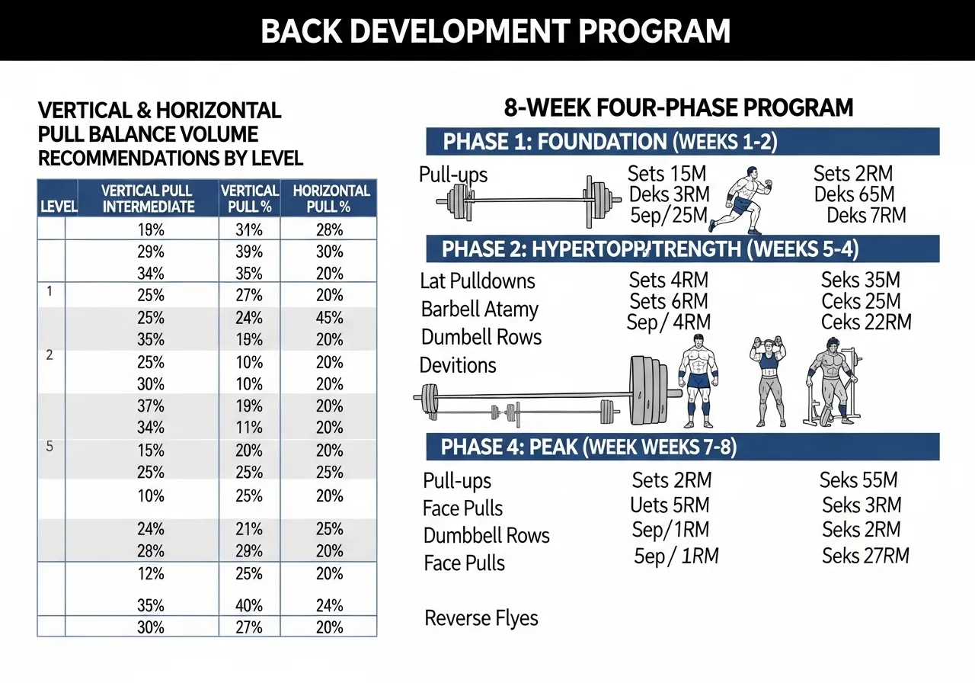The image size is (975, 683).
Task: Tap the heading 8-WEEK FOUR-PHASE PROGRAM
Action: pyautogui.click(x=679, y=107)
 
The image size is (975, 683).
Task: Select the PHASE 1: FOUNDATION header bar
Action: pyautogui.click(x=682, y=142)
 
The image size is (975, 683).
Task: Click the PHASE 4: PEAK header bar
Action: pyautogui.click(x=682, y=447)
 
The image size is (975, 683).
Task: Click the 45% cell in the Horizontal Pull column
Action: pyautogui.click(x=329, y=318)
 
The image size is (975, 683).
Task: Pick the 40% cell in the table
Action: pyautogui.click(x=249, y=606)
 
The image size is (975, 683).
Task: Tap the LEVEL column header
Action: pyautogui.click(x=52, y=207)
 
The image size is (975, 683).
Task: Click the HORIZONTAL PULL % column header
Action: pyautogui.click(x=329, y=198)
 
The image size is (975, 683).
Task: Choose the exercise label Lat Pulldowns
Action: pyautogui.click(x=478, y=281)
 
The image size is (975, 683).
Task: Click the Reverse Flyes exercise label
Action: pyautogui.click(x=481, y=618)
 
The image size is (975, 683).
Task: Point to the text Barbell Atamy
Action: pyautogui.click(x=479, y=309)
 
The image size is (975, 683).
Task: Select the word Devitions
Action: pyautogui.click(x=458, y=365)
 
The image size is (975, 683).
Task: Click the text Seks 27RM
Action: pyautogui.click(x=865, y=556)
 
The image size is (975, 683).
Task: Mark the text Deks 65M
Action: pyautogui.click(x=854, y=194)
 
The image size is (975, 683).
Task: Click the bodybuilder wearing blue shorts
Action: pyautogui.click(x=698, y=381)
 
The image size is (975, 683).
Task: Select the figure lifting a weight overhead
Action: pyautogui.click(x=769, y=381)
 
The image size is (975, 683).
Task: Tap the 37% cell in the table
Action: pyautogui.click(x=151, y=406)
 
